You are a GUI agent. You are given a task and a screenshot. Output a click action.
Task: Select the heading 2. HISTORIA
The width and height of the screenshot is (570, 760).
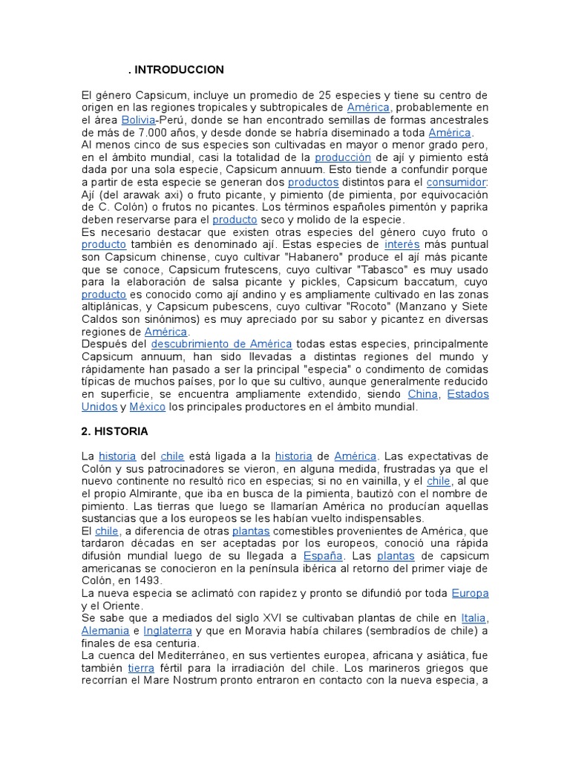click(x=115, y=431)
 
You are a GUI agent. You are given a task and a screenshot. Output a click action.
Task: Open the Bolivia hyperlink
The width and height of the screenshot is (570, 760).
click(x=138, y=119)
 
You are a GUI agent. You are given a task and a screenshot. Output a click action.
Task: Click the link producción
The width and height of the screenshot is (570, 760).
click(x=342, y=157)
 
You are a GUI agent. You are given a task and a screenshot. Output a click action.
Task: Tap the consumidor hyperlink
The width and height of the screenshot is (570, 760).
click(x=456, y=182)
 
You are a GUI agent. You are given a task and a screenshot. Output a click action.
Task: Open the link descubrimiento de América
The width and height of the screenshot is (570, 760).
click(x=221, y=344)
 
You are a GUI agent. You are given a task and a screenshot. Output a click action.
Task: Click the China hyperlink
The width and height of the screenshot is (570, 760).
click(x=423, y=394)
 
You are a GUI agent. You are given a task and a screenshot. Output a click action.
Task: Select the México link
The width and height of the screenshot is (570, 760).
click(x=147, y=407)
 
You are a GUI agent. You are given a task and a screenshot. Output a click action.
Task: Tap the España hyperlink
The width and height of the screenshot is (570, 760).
click(x=323, y=555)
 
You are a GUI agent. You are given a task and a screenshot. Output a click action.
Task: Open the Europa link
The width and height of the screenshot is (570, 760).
click(x=470, y=593)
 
